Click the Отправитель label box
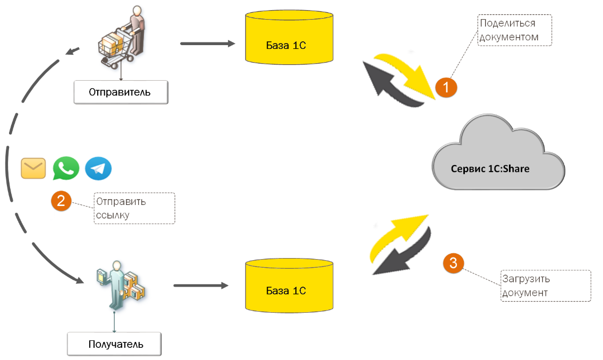[120, 92]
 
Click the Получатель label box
[114, 344]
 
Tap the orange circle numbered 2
[61, 201]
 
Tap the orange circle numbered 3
[453, 263]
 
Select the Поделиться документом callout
[514, 30]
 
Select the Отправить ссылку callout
[134, 208]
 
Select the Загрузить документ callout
[546, 286]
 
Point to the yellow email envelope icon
[33, 168]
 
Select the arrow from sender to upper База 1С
[207, 44]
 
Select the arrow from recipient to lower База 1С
[200, 286]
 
